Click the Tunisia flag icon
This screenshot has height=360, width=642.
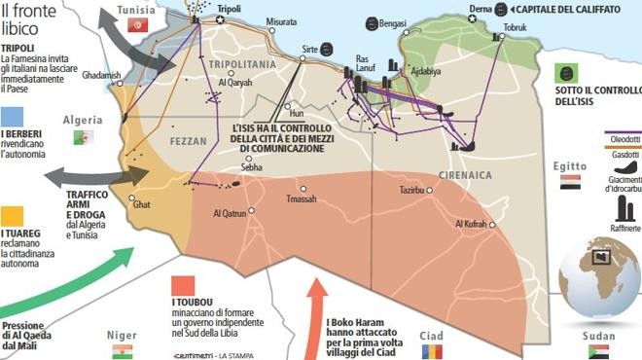(x=137, y=25)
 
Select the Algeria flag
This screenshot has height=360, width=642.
(x=82, y=137)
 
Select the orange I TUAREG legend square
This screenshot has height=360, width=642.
(x=13, y=214)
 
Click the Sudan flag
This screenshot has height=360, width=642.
(x=599, y=351)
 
